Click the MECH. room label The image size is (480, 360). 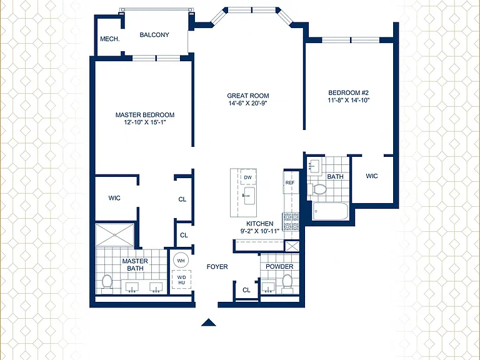pyautogui.click(x=110, y=39)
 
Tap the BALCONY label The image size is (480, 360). pyautogui.click(x=154, y=35)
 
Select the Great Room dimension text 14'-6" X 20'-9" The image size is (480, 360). pyautogui.click(x=248, y=103)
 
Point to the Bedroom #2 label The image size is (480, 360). pyautogui.click(x=349, y=92)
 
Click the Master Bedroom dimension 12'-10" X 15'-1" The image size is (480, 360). pyautogui.click(x=145, y=122)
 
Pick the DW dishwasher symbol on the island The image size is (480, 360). pyautogui.click(x=248, y=177)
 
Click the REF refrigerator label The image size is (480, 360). pyautogui.click(x=290, y=182)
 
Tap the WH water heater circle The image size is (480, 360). pyautogui.click(x=181, y=261)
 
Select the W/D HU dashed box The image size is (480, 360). pyautogui.click(x=181, y=280)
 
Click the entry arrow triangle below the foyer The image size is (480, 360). pyautogui.click(x=209, y=322)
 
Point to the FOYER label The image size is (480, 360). pyautogui.click(x=217, y=267)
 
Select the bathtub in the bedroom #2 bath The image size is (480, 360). pyautogui.click(x=331, y=211)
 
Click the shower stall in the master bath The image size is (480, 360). pyautogui.click(x=115, y=235)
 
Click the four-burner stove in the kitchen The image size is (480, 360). pyautogui.click(x=291, y=222)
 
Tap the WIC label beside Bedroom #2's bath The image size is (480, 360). pyautogui.click(x=372, y=176)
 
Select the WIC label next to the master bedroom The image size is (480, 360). pyautogui.click(x=114, y=198)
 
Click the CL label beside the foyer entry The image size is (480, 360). pyautogui.click(x=246, y=290)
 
